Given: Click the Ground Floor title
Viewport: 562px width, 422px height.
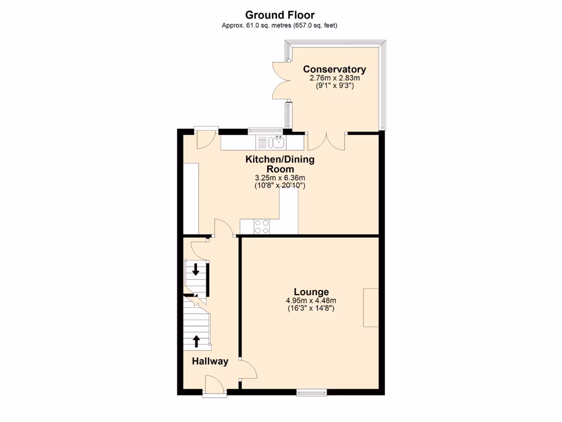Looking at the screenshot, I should click(280, 15).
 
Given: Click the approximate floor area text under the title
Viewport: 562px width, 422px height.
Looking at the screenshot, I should click(280, 25).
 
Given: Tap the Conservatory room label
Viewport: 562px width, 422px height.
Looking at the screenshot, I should click(334, 69).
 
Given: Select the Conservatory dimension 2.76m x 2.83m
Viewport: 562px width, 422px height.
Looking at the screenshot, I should click(334, 78).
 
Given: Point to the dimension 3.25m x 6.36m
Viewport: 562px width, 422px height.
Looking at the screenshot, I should click(279, 178).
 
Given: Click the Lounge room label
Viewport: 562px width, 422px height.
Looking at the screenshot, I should click(311, 292).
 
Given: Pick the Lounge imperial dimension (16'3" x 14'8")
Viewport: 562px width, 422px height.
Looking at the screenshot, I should click(311, 308).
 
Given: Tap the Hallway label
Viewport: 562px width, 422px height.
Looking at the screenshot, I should click(210, 361).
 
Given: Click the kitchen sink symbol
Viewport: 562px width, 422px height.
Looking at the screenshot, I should click(277, 142).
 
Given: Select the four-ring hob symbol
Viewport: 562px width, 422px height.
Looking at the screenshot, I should click(262, 226).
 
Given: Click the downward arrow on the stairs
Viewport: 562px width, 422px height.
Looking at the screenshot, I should click(196, 269).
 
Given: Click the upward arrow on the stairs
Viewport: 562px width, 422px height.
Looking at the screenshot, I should click(196, 341).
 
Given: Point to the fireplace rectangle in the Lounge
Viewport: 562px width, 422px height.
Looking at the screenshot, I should click(370, 308).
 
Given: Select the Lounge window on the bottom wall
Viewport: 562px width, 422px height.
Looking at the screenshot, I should click(311, 392).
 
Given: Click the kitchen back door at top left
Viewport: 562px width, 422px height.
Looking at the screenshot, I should click(206, 138).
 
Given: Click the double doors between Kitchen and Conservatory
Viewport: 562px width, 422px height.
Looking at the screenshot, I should click(327, 141).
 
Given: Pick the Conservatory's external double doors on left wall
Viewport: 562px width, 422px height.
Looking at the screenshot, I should click(280, 80).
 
